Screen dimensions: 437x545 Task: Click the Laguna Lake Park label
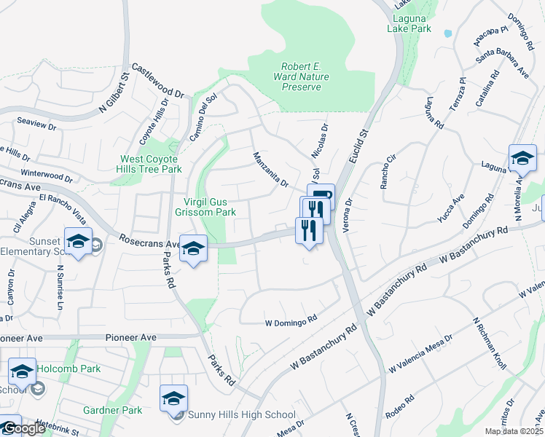(x=409, y=24)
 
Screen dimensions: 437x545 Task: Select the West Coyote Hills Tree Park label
(x=151, y=164)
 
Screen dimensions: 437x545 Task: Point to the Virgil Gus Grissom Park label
(x=205, y=208)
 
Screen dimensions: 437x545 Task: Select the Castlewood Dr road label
(x=158, y=79)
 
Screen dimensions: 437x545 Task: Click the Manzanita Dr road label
(x=270, y=169)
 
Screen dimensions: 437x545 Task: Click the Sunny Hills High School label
(x=241, y=414)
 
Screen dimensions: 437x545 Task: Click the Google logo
(x=25, y=429)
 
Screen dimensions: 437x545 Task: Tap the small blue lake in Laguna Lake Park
(x=447, y=34)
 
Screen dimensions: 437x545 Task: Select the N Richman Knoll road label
(x=487, y=343)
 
